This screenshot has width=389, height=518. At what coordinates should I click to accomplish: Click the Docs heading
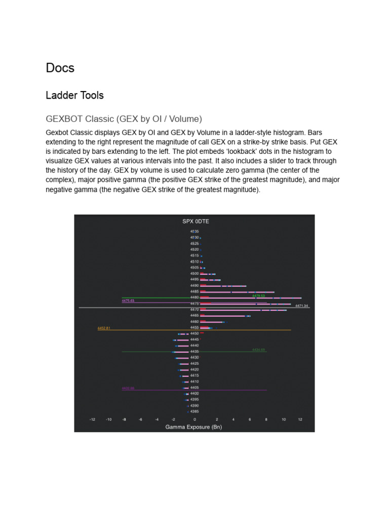(60, 68)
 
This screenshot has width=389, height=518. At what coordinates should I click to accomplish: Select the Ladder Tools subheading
(74, 95)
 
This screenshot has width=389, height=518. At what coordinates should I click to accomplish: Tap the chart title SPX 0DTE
(194, 222)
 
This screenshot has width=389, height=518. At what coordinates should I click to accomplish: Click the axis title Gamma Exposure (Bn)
(194, 427)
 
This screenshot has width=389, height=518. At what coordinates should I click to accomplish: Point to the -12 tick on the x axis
(92, 419)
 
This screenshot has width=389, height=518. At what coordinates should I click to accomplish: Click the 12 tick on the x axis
(300, 419)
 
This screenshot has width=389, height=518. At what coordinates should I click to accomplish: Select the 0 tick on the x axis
(194, 419)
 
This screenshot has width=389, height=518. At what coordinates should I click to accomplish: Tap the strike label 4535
(194, 231)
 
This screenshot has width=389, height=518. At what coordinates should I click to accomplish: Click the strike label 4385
(194, 411)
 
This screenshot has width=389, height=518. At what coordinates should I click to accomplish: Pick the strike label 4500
(194, 273)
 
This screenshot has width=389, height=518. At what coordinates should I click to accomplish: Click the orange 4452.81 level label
(103, 328)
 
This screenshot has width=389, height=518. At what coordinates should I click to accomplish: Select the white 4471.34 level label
(302, 306)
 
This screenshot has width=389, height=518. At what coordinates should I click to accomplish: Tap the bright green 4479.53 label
(259, 295)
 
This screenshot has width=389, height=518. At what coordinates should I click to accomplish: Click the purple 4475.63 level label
(128, 300)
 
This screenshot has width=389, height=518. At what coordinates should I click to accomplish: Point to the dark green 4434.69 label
(259, 350)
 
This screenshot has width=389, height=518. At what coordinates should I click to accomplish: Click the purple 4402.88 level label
(128, 388)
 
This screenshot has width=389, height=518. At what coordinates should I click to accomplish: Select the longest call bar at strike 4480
(251, 298)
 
